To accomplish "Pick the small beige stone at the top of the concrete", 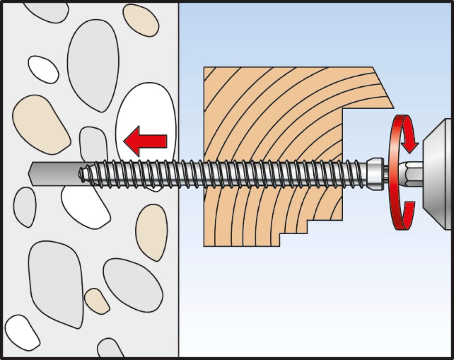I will click(x=141, y=20).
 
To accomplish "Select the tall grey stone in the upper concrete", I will click(x=93, y=64).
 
